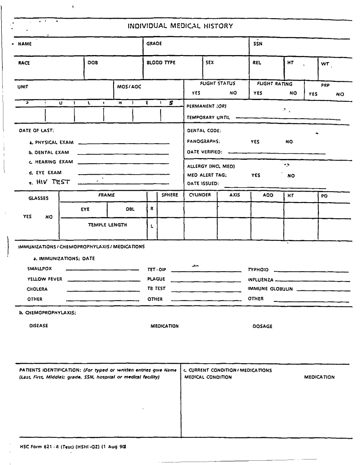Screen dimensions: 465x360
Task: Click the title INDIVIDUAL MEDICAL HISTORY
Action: (x=180, y=26)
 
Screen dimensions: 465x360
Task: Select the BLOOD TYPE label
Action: (x=161, y=63)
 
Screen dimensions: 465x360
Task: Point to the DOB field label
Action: (x=92, y=63)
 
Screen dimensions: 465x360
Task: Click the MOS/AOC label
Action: (x=129, y=86)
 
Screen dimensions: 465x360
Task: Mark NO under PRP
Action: (x=340, y=94)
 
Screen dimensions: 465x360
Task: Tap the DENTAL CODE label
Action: (x=204, y=131)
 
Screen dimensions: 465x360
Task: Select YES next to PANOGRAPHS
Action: (x=255, y=142)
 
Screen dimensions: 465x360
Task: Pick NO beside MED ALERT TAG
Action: (x=291, y=175)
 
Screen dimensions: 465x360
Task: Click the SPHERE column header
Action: (x=170, y=195)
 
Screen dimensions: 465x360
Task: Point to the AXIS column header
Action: (x=235, y=195)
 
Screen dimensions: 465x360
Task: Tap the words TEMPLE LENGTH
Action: (x=107, y=225)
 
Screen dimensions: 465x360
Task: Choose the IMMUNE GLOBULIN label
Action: (x=270, y=289)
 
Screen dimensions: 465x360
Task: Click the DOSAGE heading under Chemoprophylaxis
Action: (x=263, y=326)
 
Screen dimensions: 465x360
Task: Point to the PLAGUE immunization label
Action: (x=156, y=279)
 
